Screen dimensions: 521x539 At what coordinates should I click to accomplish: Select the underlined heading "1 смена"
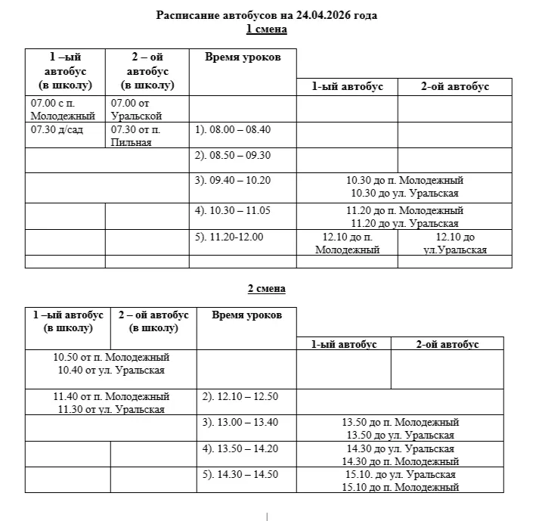click(267, 29)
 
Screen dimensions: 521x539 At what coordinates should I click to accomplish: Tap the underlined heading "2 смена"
click(267, 289)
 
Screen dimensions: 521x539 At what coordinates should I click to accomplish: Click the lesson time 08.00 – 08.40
click(233, 129)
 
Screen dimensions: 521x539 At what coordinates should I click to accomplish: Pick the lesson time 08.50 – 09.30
click(233, 155)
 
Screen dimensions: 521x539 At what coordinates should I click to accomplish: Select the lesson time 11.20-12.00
click(229, 237)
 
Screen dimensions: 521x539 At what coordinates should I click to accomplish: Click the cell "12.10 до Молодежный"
click(347, 243)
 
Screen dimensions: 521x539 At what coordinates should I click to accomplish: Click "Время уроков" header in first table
click(242, 57)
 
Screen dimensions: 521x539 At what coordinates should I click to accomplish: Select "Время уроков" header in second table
click(246, 315)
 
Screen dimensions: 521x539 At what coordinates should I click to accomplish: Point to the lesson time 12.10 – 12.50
click(240, 396)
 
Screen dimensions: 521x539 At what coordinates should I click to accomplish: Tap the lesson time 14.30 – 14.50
click(240, 474)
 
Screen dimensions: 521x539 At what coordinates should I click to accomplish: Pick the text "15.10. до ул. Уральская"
click(400, 474)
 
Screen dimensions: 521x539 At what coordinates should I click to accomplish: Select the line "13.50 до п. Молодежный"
click(400, 422)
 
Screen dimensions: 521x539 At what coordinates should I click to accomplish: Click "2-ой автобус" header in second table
click(447, 344)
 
